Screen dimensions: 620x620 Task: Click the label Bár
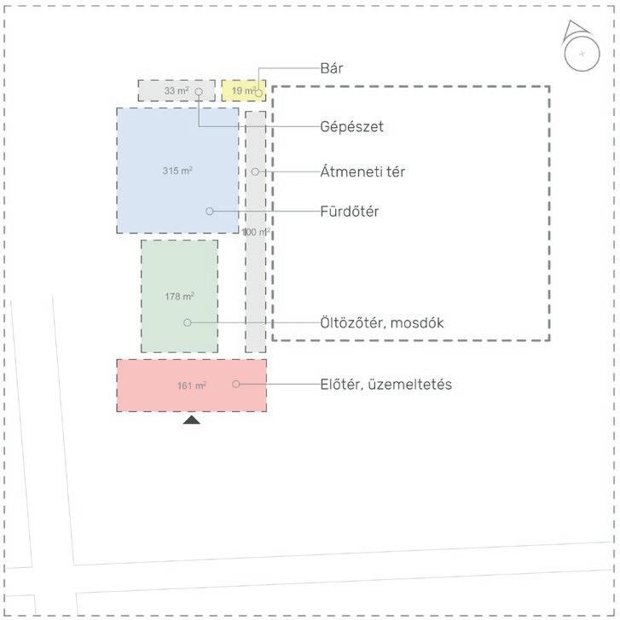click(332, 68)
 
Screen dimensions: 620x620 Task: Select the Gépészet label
click(352, 127)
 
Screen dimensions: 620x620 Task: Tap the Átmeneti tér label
click(362, 172)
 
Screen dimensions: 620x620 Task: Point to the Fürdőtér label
click(351, 211)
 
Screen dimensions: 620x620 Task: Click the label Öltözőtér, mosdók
click(382, 323)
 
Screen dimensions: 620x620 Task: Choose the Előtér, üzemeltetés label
click(386, 385)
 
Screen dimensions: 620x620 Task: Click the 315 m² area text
click(177, 171)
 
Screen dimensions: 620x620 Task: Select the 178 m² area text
click(179, 297)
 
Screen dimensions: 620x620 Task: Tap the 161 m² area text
click(191, 385)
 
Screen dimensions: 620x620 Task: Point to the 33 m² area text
click(177, 90)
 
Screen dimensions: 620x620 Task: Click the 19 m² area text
click(243, 90)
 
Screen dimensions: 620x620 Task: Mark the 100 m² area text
click(256, 232)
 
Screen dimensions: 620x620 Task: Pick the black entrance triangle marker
click(191, 419)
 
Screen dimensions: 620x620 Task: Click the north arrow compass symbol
click(580, 50)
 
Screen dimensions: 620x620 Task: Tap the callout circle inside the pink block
click(236, 385)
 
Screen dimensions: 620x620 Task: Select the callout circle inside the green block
click(188, 322)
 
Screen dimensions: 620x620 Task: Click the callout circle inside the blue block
click(209, 211)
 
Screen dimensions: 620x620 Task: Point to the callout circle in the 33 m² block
click(198, 90)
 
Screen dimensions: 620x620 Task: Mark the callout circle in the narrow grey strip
click(255, 172)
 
